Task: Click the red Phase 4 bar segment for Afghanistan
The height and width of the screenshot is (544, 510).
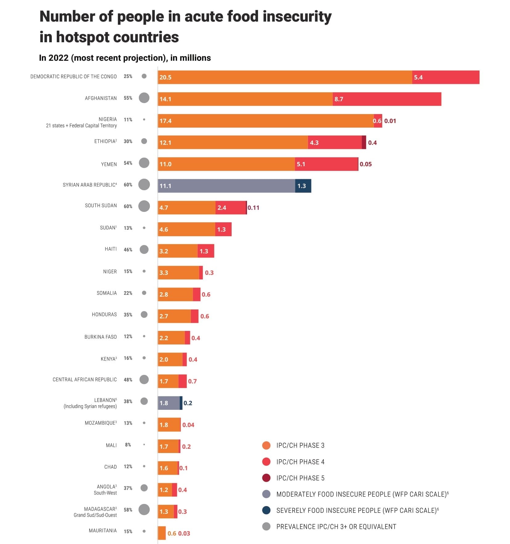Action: tap(387, 99)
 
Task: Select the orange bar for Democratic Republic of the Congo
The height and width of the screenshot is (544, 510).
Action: tap(285, 77)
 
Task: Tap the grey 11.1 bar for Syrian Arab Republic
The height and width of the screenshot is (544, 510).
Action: tap(226, 186)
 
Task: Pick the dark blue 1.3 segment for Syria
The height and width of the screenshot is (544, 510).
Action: tap(303, 186)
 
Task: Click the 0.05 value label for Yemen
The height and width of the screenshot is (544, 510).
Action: tap(366, 164)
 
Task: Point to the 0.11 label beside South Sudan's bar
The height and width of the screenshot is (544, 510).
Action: tap(253, 208)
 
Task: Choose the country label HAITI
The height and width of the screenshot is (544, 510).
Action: tap(111, 249)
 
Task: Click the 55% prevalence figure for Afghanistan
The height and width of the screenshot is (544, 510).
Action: tap(128, 98)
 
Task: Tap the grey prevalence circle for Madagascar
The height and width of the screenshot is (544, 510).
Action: tap(144, 509)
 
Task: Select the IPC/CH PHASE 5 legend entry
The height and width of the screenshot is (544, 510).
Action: tap(300, 478)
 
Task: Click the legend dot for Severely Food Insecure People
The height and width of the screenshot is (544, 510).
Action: tap(266, 510)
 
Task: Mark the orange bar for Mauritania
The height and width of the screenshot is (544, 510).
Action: tap(162, 533)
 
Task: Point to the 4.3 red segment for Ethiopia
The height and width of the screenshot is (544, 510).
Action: tap(335, 142)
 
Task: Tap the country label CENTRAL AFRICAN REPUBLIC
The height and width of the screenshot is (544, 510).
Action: tap(84, 380)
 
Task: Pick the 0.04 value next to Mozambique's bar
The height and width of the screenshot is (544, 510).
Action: tap(188, 425)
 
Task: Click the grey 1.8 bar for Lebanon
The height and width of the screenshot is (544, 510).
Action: tap(169, 403)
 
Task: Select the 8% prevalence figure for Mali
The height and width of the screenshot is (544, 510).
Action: tap(128, 445)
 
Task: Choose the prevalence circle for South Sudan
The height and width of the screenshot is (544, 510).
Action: tap(144, 206)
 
